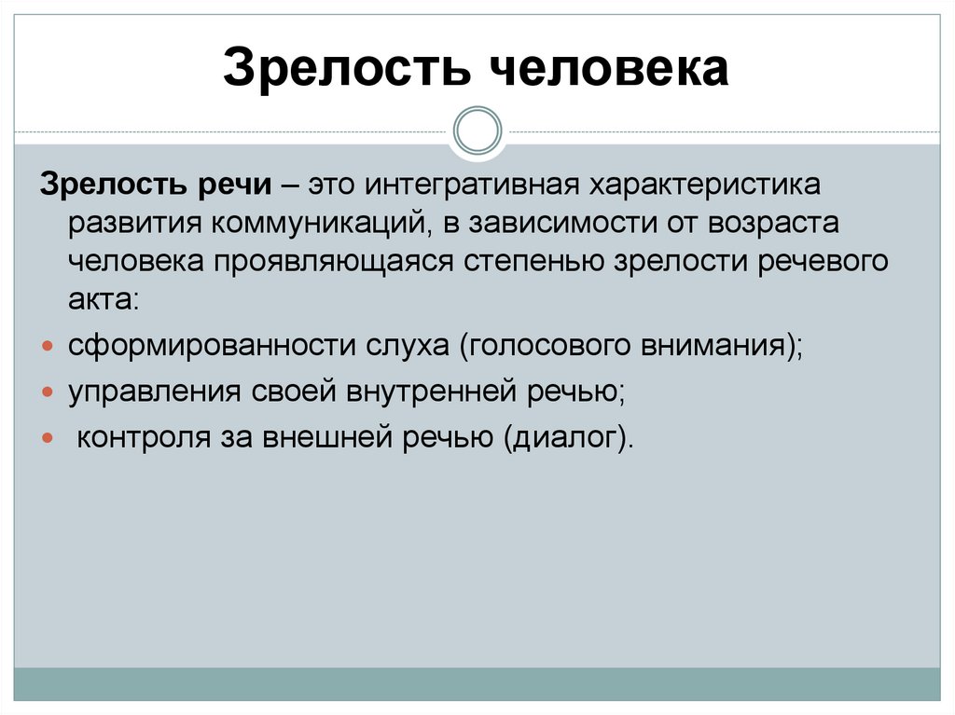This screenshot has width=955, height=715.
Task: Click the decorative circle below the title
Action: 477,130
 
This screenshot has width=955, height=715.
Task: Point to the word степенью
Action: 533,261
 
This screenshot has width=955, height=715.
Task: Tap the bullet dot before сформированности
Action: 48,346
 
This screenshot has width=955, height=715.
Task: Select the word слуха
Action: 397,346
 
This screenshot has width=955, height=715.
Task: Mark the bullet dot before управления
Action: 48,392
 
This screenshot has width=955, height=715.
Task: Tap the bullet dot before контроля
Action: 48,438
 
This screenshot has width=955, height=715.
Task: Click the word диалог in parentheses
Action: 564,438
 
